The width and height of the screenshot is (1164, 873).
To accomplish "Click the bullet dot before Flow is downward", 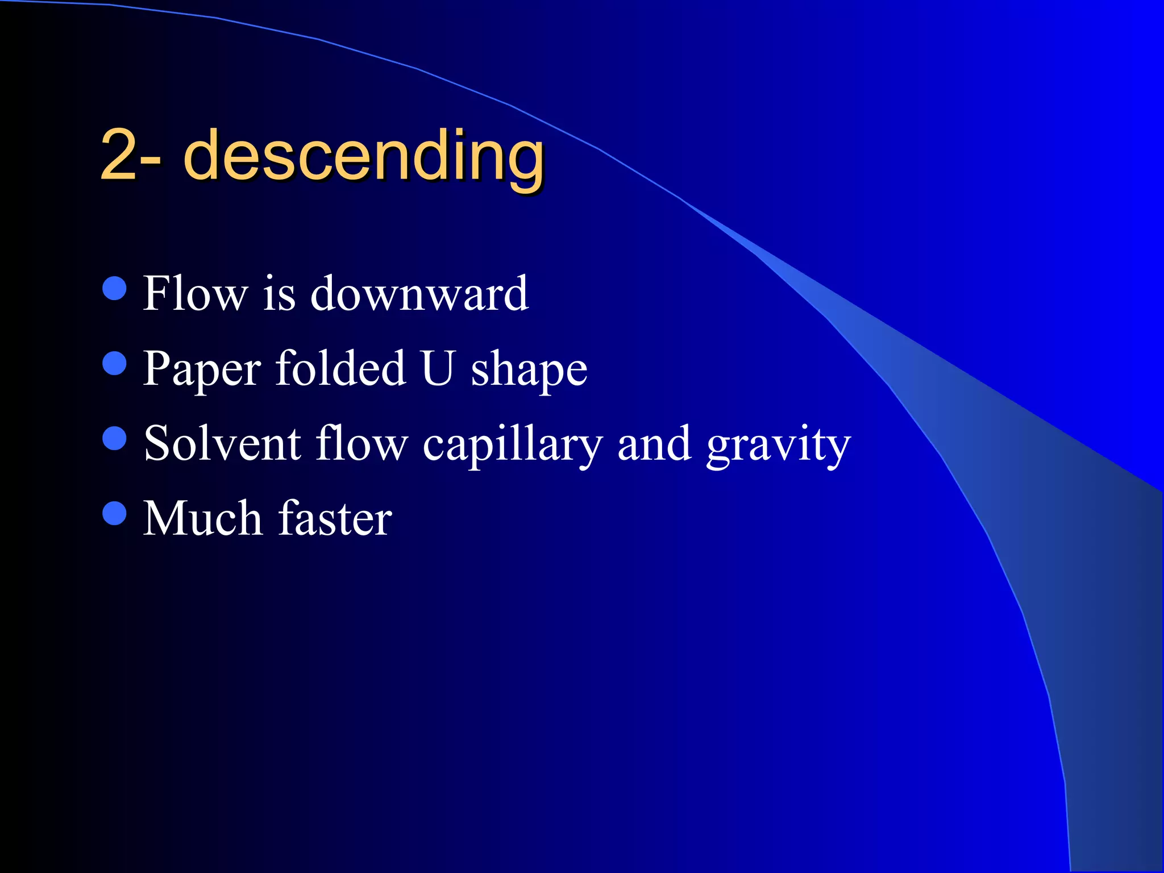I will click(114, 288).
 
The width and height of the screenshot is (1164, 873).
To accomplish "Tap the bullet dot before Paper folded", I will click(114, 363).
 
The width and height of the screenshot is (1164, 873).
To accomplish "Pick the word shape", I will click(529, 371).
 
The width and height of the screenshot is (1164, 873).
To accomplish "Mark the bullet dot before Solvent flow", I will click(114, 438).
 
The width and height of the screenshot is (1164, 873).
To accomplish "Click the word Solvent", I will click(222, 443).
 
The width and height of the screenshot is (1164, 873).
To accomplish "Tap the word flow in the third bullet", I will click(362, 443).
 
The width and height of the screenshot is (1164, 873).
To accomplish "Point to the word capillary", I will click(512, 446).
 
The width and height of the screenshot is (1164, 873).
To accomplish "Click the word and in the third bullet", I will click(654, 444).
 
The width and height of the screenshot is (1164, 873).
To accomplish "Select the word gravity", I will click(779, 446).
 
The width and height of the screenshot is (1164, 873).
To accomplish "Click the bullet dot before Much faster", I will click(114, 513).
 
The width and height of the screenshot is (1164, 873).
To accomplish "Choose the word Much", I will click(202, 518).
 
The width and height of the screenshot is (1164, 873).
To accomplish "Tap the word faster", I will click(335, 518).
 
